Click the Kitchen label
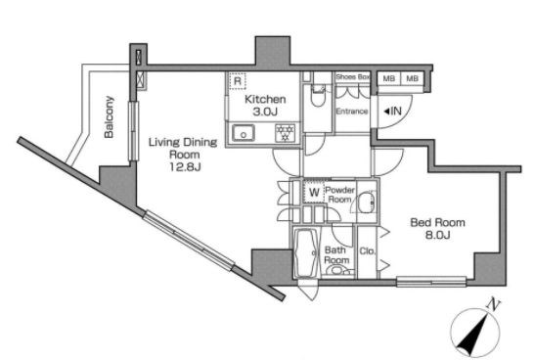pyautogui.click(x=265, y=100)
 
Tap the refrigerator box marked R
pyautogui.click(x=238, y=81)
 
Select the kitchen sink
pyautogui.click(x=244, y=133)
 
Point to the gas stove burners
pyautogui.click(x=286, y=133)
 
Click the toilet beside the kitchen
pyautogui.click(x=318, y=96)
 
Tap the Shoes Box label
pyautogui.click(x=352, y=77)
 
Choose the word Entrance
pyautogui.click(x=352, y=112)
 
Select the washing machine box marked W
pyautogui.click(x=314, y=193)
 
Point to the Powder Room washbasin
pyautogui.click(x=367, y=202)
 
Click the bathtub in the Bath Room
pyautogui.click(x=306, y=252)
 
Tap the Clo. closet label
pyautogui.click(x=367, y=251)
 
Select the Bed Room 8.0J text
pyautogui.click(x=437, y=229)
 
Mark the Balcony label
pyautogui.click(x=109, y=117)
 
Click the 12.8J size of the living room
pyautogui.click(x=185, y=167)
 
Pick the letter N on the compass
pyautogui.click(x=492, y=303)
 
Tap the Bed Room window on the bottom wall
pyautogui.click(x=431, y=282)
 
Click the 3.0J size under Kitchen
pyautogui.click(x=265, y=112)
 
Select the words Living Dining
pyautogui.click(x=183, y=143)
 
